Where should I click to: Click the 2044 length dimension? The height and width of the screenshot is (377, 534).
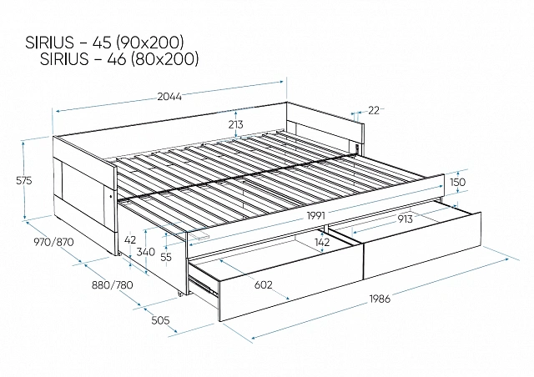[x=169, y=97]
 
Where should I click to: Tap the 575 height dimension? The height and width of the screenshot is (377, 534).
[x=24, y=180]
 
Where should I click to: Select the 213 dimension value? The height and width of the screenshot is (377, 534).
[x=235, y=124]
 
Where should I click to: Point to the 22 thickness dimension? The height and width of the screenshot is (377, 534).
[x=374, y=110]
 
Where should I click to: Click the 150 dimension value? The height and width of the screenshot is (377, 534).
[x=457, y=182]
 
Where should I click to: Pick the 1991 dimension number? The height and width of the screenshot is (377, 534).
[x=316, y=215]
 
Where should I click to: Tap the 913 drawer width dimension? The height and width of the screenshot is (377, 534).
[x=405, y=219]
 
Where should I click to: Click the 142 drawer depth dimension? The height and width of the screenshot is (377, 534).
[x=322, y=242]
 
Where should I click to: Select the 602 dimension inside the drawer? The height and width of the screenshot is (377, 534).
[x=264, y=284]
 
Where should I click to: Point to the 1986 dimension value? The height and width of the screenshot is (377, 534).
[x=380, y=299]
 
